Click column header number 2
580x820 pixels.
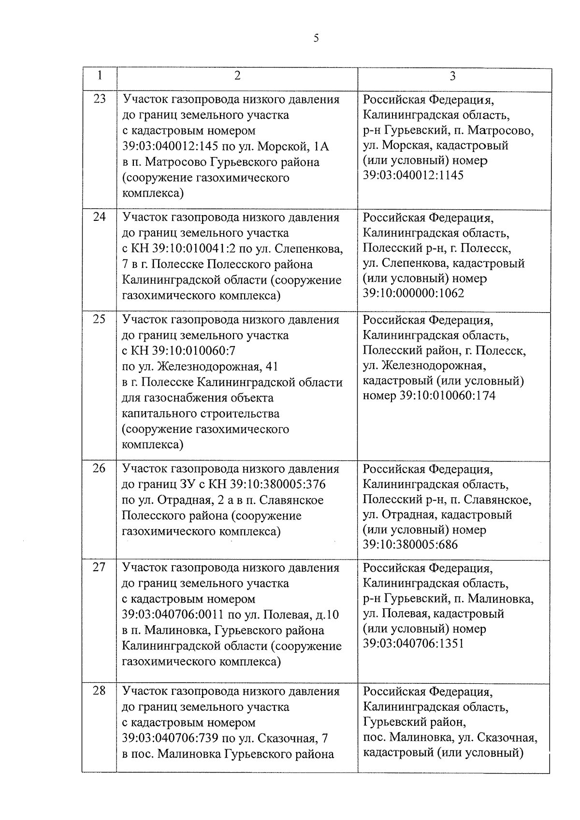point(237,76)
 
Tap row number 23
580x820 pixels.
point(99,99)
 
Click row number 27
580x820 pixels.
point(99,567)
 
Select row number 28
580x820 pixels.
point(99,691)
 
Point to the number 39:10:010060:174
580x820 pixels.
point(440,396)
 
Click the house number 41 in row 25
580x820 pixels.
point(271,367)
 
